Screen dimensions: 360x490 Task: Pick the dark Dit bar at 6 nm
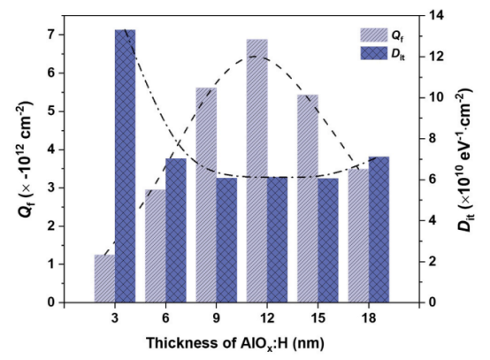point(175,230)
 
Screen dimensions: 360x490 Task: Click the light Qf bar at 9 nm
point(206,195)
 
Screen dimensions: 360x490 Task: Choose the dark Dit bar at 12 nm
point(277,240)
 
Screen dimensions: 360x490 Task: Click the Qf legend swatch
point(373,34)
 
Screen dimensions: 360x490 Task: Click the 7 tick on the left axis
point(50,34)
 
